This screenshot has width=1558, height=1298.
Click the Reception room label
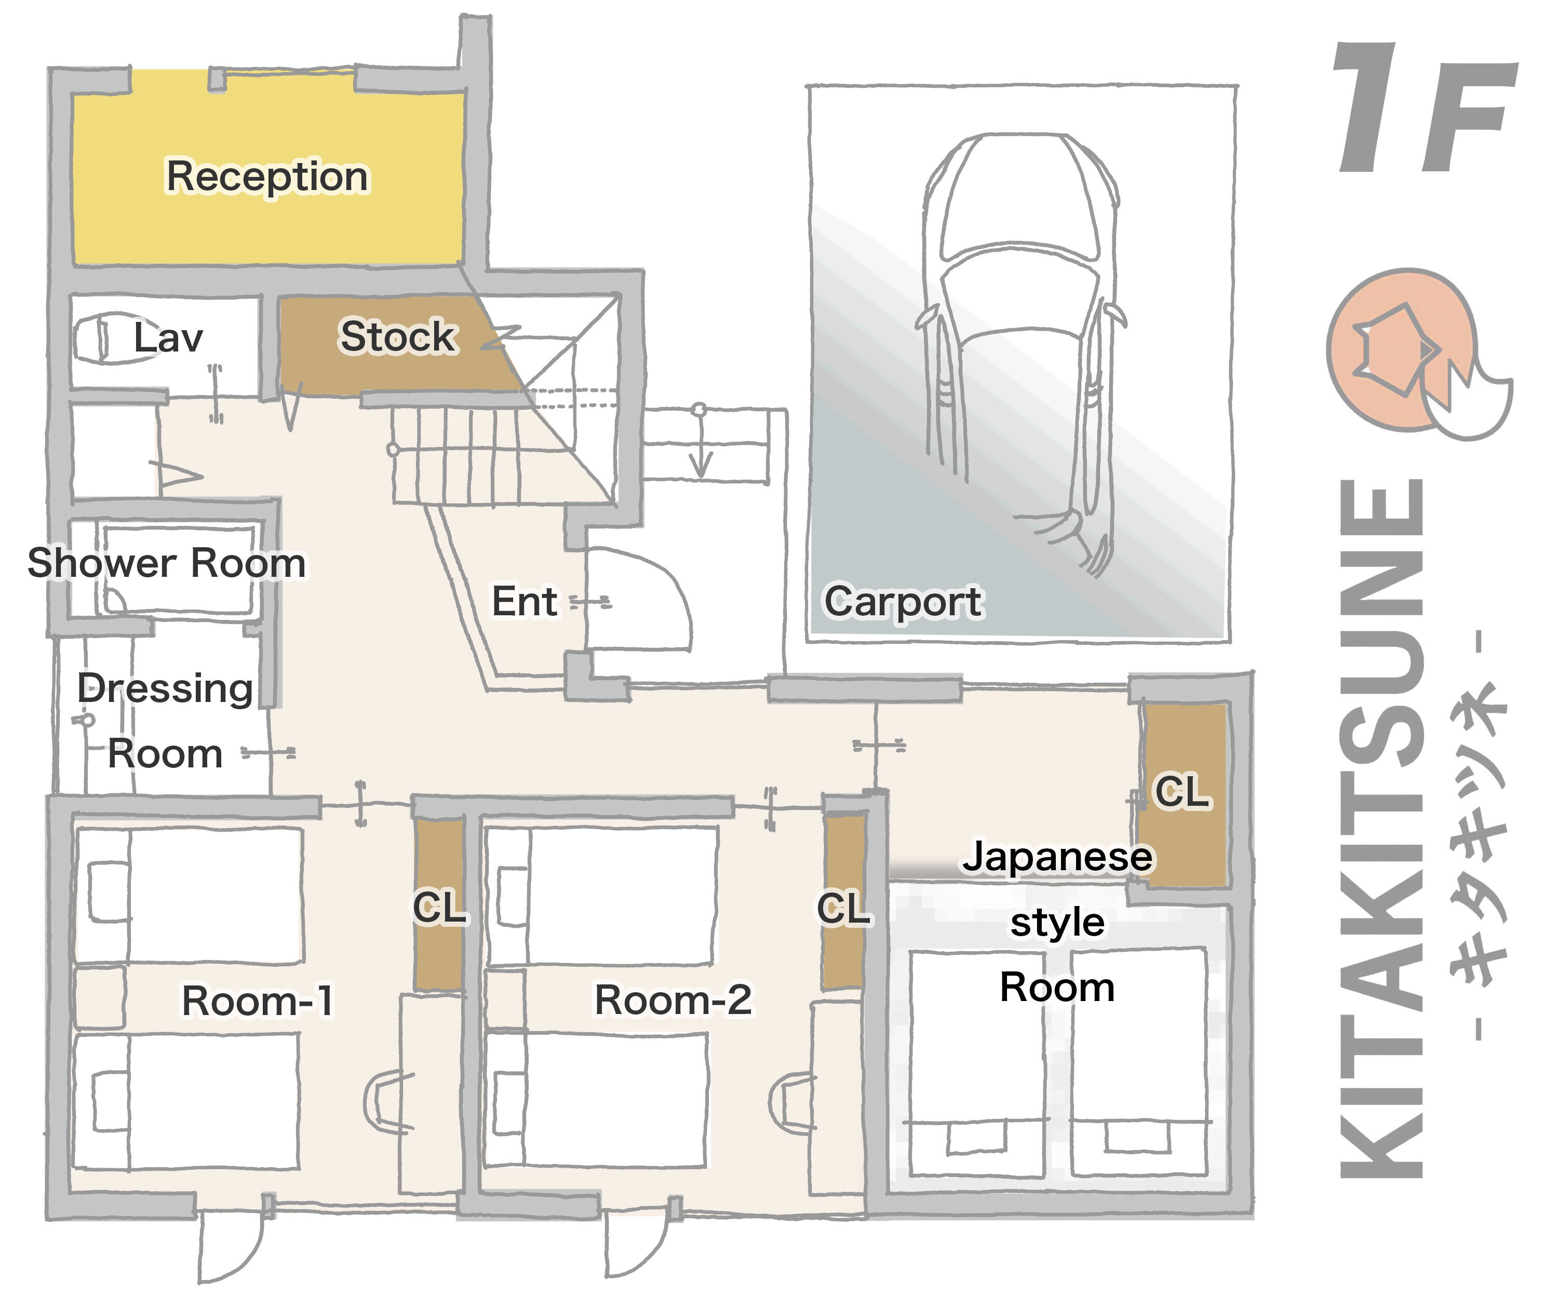(x=267, y=177)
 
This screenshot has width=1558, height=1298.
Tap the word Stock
(x=398, y=337)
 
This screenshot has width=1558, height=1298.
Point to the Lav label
(x=168, y=337)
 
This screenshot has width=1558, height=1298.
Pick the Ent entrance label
(x=524, y=601)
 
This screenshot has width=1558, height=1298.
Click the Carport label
(x=903, y=602)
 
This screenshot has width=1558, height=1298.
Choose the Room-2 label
(x=673, y=1000)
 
